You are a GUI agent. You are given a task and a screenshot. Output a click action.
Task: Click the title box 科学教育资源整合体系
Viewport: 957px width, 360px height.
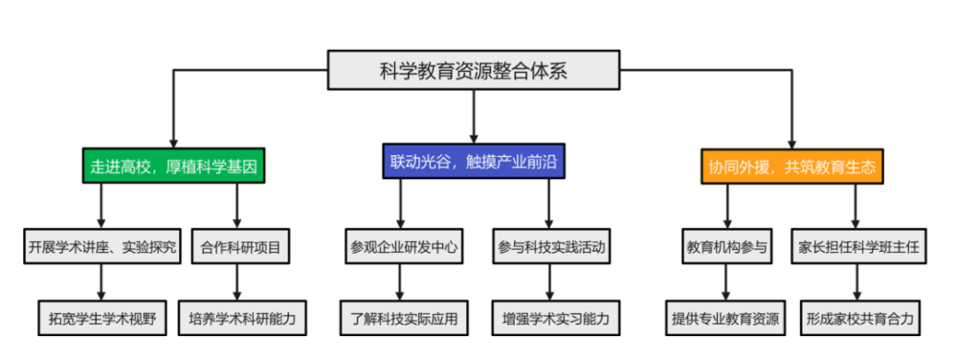(474, 70)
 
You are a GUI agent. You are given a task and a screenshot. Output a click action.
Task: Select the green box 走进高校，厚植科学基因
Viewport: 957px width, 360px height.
(173, 165)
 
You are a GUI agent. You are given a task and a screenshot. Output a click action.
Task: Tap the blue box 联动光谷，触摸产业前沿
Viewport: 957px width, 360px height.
(474, 162)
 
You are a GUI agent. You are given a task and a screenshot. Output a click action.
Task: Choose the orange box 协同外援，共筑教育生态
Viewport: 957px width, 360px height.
(791, 166)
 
